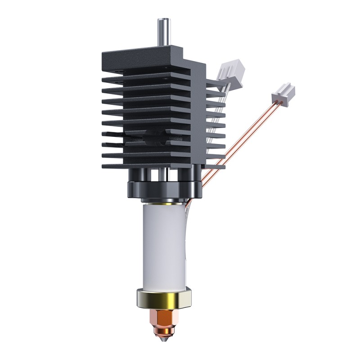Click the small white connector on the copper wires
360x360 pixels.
[283, 93]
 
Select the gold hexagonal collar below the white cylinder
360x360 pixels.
[165, 298]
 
